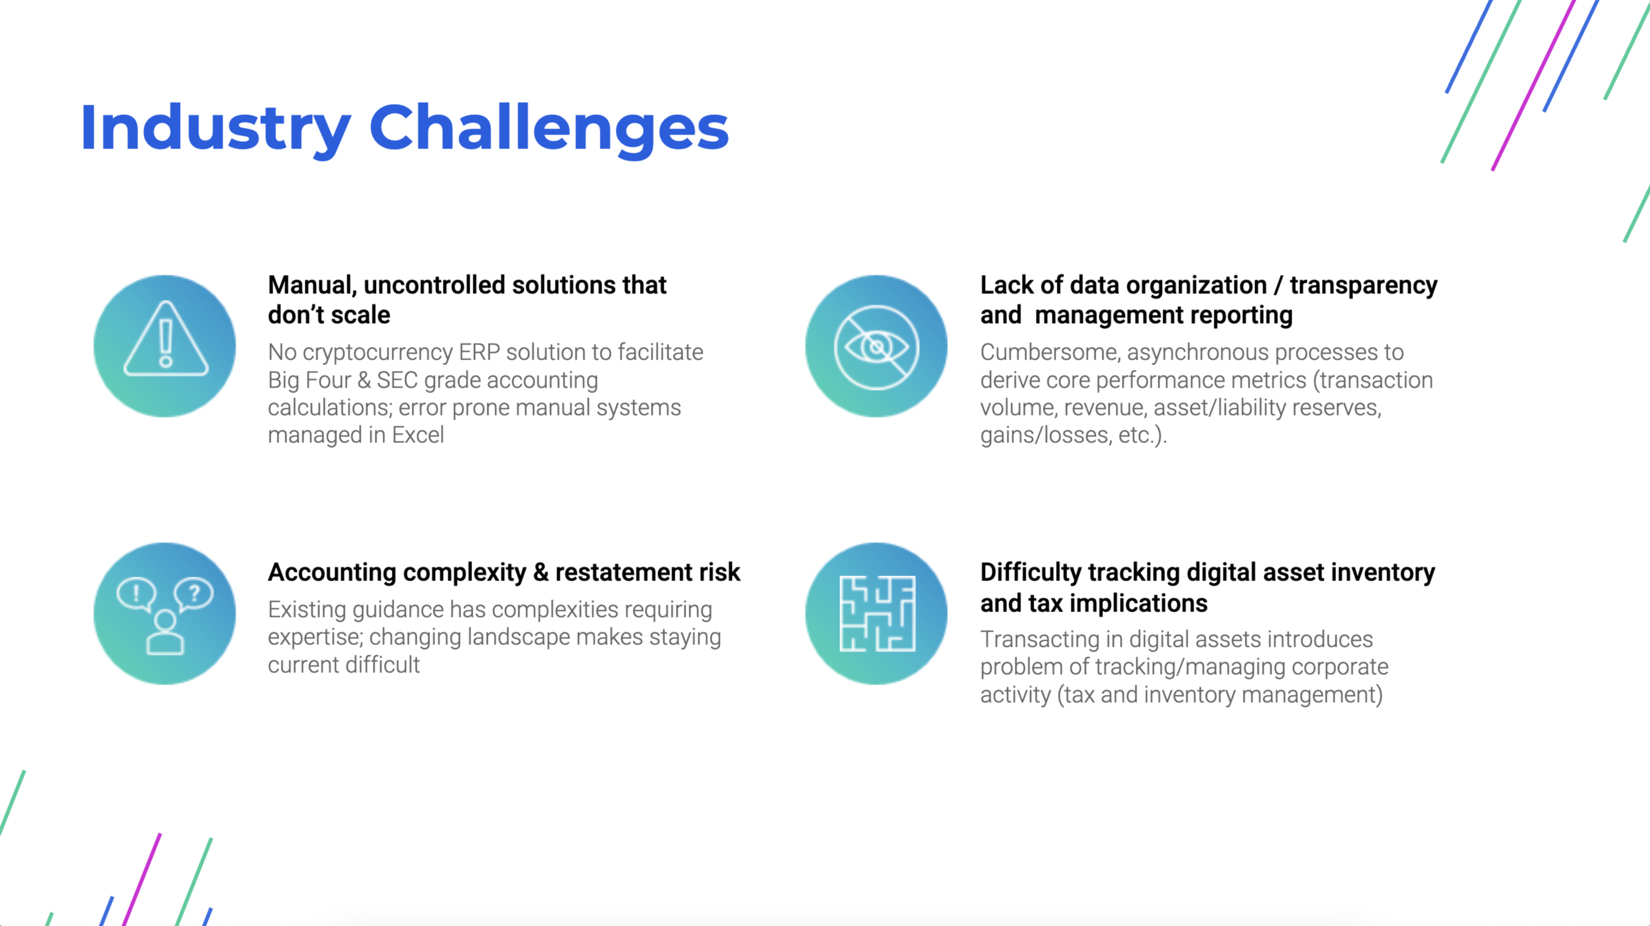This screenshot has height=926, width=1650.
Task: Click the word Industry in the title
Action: tap(216, 129)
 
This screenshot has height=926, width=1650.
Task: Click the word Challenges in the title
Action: tap(549, 129)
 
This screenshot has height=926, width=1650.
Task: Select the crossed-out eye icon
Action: tap(876, 347)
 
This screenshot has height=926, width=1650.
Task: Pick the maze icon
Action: tap(877, 613)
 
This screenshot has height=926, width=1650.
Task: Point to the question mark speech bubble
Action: tap(193, 595)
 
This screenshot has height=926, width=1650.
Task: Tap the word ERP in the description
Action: tap(479, 352)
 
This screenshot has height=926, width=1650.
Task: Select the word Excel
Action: tap(417, 436)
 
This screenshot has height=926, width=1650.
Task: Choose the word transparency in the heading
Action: tap(1363, 285)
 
